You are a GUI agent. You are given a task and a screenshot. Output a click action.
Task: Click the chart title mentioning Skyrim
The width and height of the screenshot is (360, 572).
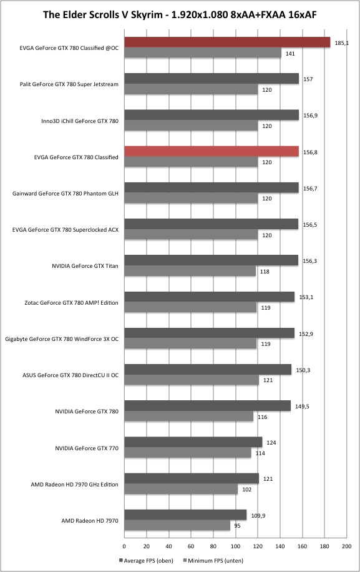click(180, 15)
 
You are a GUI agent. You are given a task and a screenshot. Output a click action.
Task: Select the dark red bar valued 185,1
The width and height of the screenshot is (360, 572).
click(227, 42)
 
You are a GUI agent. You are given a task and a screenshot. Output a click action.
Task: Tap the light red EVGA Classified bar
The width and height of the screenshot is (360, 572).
click(212, 151)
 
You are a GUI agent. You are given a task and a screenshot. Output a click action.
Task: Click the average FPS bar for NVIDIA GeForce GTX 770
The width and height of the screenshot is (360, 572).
click(193, 442)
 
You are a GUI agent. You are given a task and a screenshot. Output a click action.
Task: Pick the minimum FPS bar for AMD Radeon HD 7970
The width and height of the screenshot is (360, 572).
click(177, 526)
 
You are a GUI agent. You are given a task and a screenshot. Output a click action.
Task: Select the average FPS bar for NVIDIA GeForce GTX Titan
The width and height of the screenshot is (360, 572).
click(212, 260)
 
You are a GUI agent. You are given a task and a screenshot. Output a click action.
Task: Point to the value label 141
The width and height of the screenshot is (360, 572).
click(290, 54)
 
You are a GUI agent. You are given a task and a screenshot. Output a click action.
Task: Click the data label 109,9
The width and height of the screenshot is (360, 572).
click(258, 515)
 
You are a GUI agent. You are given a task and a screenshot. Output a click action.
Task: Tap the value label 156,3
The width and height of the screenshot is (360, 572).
click(310, 261)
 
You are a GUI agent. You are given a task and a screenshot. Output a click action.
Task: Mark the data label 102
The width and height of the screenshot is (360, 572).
click(246, 490)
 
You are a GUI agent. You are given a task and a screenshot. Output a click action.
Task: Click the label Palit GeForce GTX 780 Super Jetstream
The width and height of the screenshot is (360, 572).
click(69, 84)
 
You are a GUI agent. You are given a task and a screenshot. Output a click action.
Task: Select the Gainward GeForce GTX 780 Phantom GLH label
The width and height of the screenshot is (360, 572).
click(66, 194)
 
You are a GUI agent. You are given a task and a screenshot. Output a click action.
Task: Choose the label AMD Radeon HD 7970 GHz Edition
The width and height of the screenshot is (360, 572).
click(74, 485)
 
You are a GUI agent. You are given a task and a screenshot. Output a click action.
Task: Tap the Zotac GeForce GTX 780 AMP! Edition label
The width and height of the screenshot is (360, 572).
click(71, 303)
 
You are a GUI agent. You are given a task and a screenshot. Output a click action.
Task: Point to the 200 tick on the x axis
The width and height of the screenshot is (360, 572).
click(346, 546)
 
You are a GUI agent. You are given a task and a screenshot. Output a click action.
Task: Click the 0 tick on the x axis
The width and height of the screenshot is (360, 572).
click(124, 546)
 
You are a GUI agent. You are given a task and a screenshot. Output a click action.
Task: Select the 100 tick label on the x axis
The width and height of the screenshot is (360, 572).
click(235, 546)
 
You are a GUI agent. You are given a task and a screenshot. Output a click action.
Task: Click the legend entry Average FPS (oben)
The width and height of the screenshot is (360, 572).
click(146, 561)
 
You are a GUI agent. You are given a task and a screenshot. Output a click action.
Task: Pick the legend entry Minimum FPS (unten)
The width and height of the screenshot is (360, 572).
click(213, 561)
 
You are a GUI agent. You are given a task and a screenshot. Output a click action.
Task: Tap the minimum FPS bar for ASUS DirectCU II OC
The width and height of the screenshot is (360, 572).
click(192, 380)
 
